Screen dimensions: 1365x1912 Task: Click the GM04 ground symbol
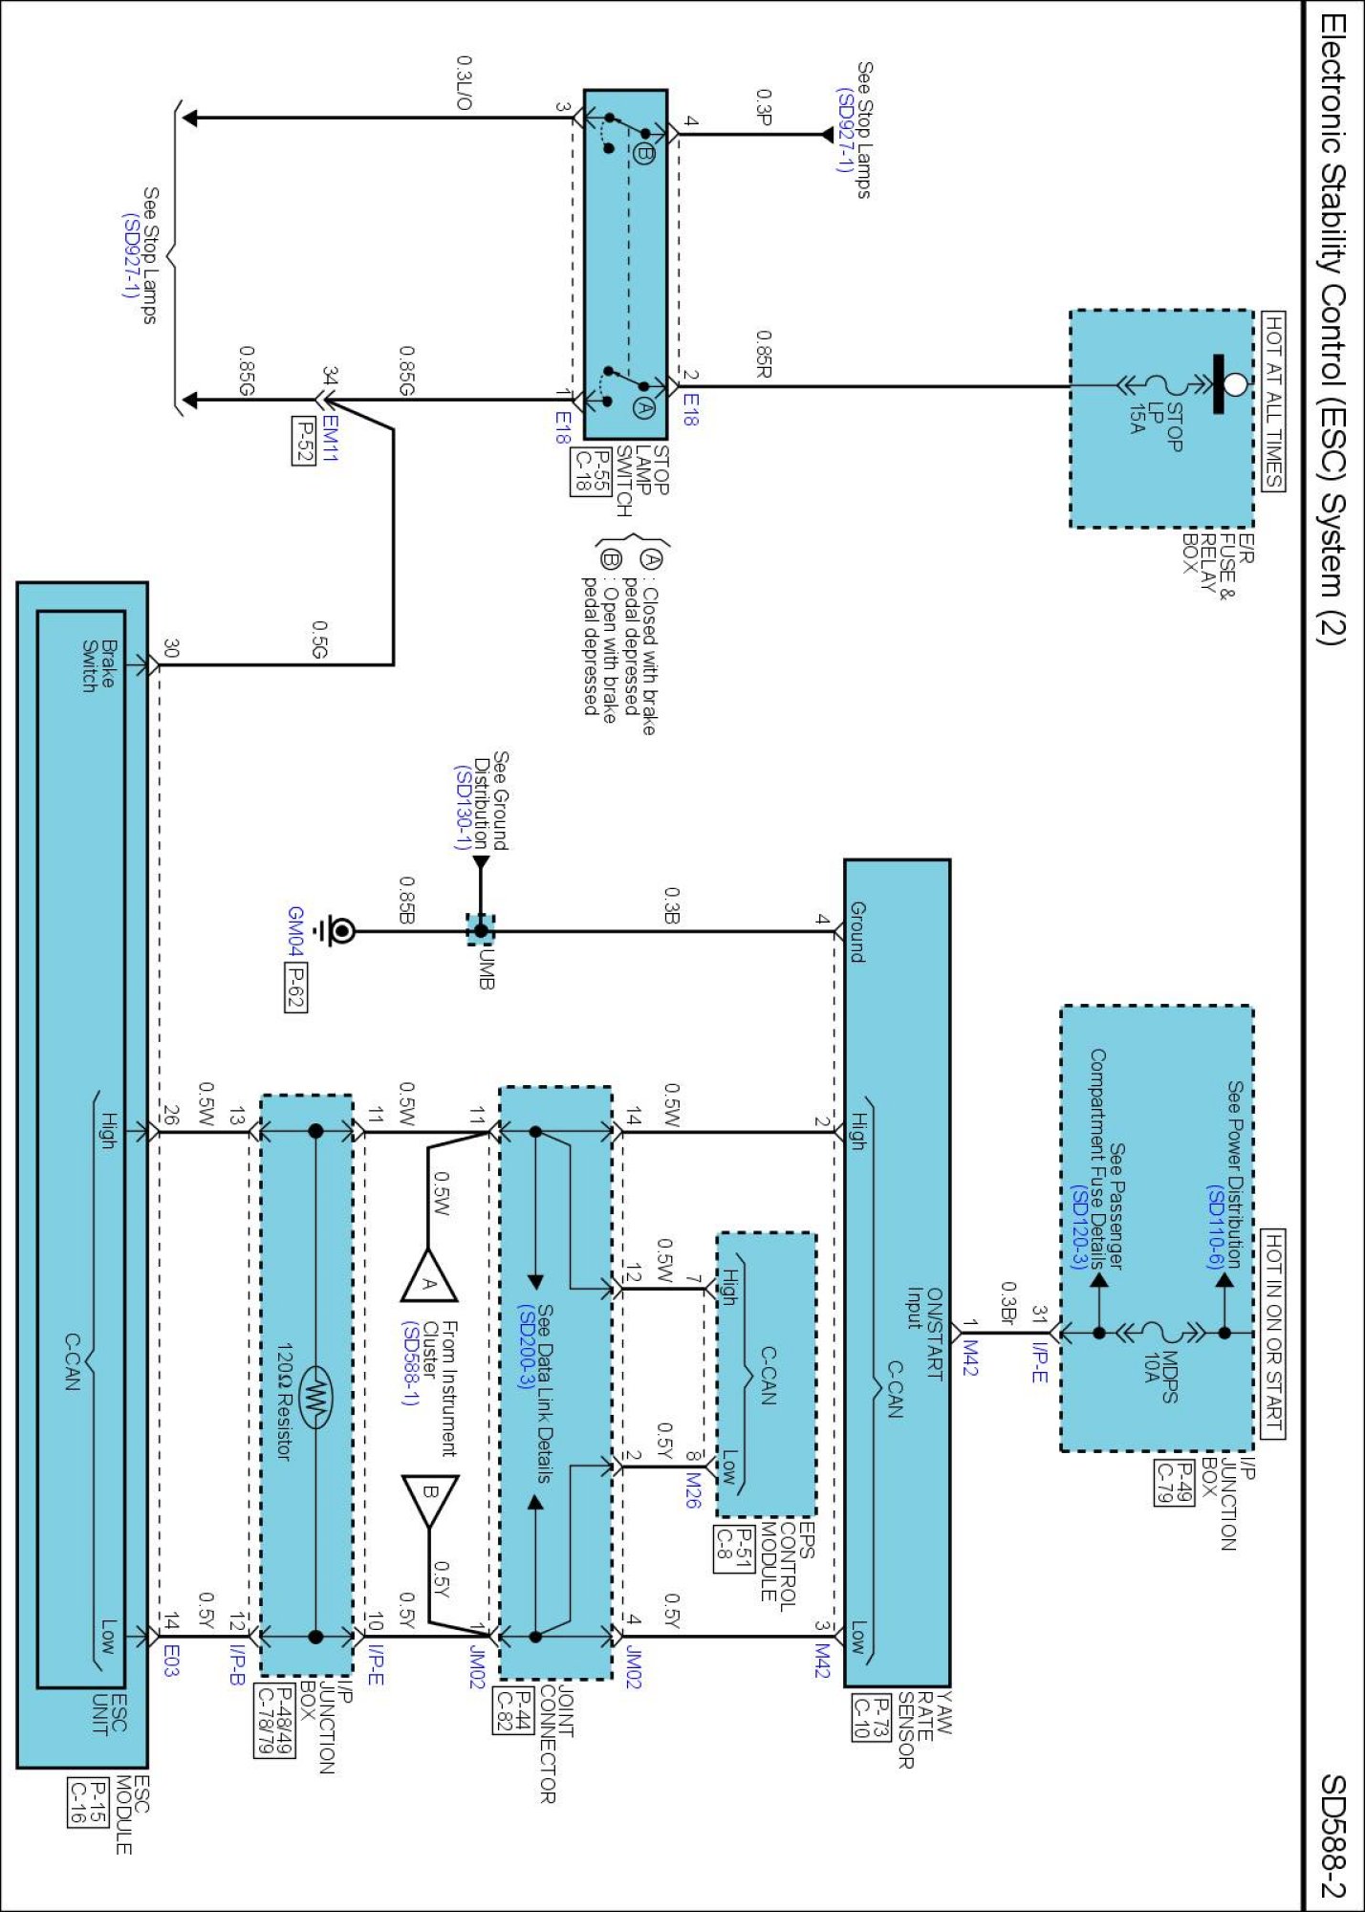tap(340, 931)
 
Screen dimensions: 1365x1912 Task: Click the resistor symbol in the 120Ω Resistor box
tap(314, 1400)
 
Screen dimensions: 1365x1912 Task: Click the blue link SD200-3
tap(525, 1348)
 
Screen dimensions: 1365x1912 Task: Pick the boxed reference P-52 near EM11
tap(303, 441)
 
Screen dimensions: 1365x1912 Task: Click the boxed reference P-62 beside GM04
tap(295, 986)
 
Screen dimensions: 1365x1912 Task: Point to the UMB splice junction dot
tap(481, 930)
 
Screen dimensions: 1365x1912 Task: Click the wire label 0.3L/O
tap(464, 83)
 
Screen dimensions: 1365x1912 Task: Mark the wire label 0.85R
tap(763, 353)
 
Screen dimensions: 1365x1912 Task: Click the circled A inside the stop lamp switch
tap(644, 408)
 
